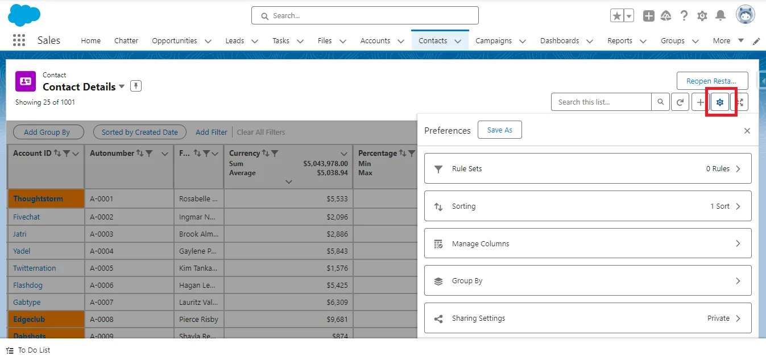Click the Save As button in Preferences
point(499,130)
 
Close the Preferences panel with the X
point(747,131)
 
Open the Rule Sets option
point(587,169)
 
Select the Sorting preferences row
point(587,206)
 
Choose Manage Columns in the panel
point(587,243)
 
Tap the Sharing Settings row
point(587,318)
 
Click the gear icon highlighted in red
point(720,102)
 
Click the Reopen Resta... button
point(712,81)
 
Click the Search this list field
point(601,102)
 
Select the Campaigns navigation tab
point(493,41)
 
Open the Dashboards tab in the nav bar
point(560,41)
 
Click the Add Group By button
point(48,132)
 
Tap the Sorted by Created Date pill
point(139,132)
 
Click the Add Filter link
point(211,132)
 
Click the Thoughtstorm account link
point(38,199)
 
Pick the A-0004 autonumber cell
point(102,251)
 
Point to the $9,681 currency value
point(336,319)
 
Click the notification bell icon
point(720,16)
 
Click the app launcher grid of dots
point(19,40)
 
